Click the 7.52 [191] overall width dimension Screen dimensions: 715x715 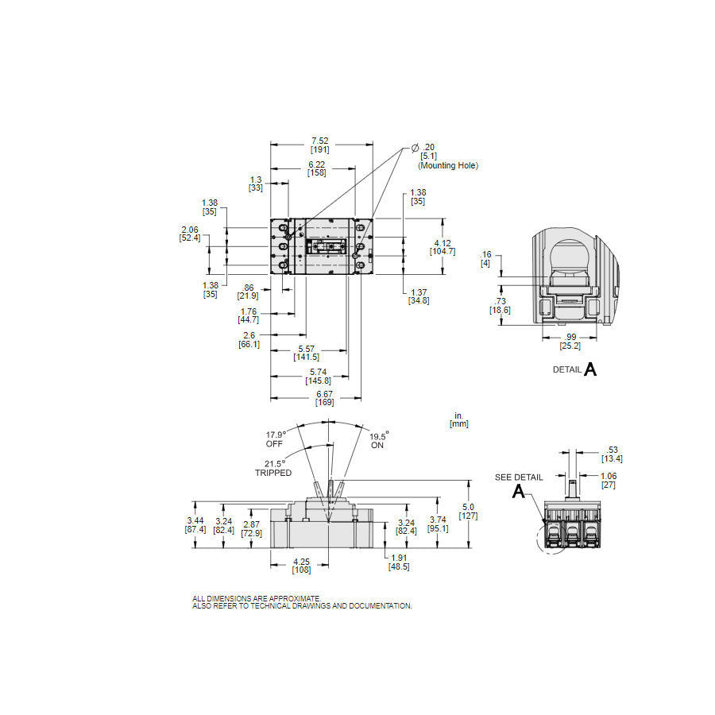click(319, 145)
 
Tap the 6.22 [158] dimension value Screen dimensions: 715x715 click(316, 168)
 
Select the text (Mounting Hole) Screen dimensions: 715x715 click(448, 165)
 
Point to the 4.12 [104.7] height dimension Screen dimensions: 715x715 click(443, 247)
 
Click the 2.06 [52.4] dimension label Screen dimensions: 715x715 click(190, 234)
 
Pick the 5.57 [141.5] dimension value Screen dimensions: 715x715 click(307, 353)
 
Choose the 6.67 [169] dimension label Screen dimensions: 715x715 click(325, 398)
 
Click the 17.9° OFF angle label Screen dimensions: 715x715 click(276, 439)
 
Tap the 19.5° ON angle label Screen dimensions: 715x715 click(378, 440)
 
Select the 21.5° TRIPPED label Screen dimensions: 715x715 click(273, 468)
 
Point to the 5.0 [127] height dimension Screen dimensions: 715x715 click(468, 511)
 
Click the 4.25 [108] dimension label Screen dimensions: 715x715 click(301, 566)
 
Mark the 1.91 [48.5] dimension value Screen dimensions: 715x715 click(399, 562)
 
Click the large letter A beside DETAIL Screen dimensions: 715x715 click(590, 369)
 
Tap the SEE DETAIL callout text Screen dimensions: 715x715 click(519, 477)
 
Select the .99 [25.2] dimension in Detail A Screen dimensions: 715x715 click(570, 342)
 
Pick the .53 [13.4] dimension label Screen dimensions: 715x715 click(612, 454)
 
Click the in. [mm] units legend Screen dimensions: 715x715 click(459, 419)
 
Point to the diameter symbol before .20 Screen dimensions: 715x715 click(415, 148)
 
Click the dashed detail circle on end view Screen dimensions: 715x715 click(552, 538)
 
